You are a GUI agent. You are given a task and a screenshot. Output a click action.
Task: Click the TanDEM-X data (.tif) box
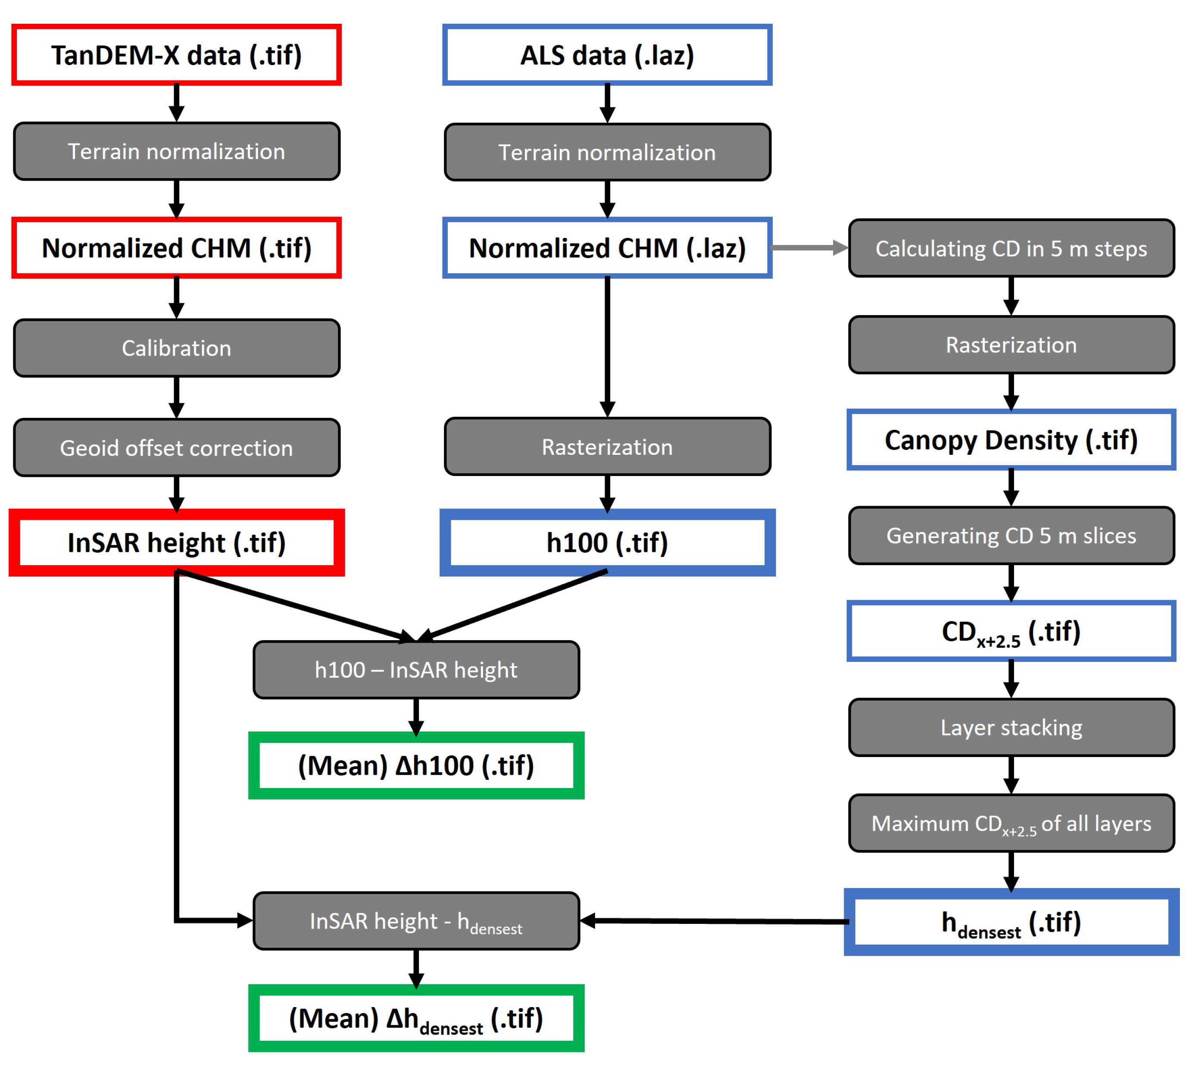(176, 55)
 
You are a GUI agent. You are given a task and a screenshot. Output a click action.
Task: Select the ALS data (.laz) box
(607, 55)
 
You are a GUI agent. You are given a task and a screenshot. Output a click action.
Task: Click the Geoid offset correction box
(176, 447)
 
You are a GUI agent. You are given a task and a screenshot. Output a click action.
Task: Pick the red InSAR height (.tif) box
(176, 542)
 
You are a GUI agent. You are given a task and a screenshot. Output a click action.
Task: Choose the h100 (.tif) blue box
(607, 542)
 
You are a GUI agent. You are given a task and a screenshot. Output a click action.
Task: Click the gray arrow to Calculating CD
(809, 248)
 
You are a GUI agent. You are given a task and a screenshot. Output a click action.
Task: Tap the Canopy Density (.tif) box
(1011, 440)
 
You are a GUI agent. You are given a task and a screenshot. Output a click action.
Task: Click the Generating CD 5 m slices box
(1011, 535)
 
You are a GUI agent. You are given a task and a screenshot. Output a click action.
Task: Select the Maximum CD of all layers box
(1011, 823)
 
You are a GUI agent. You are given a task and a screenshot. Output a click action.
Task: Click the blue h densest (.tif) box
(1011, 922)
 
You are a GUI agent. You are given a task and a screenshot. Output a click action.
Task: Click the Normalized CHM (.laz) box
(607, 248)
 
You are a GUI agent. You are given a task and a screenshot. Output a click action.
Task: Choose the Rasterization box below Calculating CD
(1011, 345)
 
